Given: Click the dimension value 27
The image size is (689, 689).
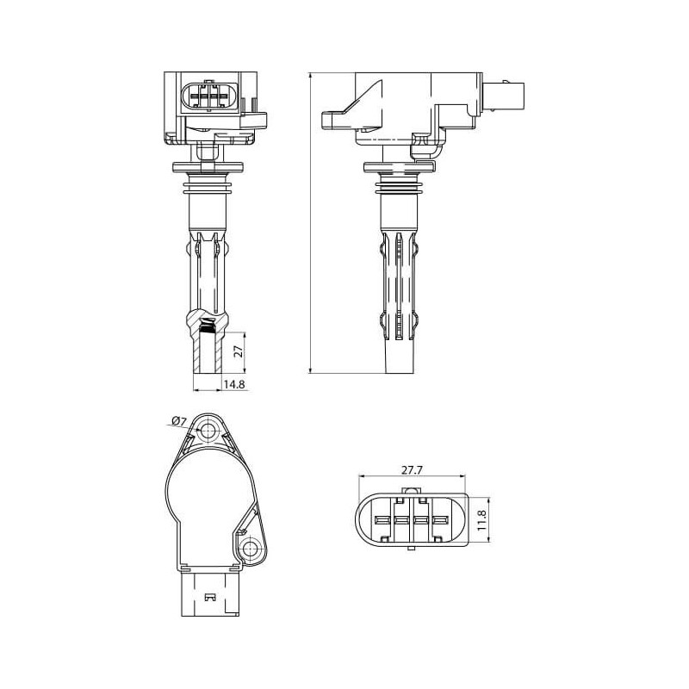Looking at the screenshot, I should pos(240,351).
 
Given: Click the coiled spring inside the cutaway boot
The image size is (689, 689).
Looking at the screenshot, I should pos(207,326).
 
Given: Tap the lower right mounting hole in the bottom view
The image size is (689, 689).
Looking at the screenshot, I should pos(251,549).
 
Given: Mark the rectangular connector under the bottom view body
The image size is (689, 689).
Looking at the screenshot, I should pos(208,596).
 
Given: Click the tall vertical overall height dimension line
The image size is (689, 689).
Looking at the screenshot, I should pos(308,224).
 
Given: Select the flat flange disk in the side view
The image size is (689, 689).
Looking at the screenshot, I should pos(399,166).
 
